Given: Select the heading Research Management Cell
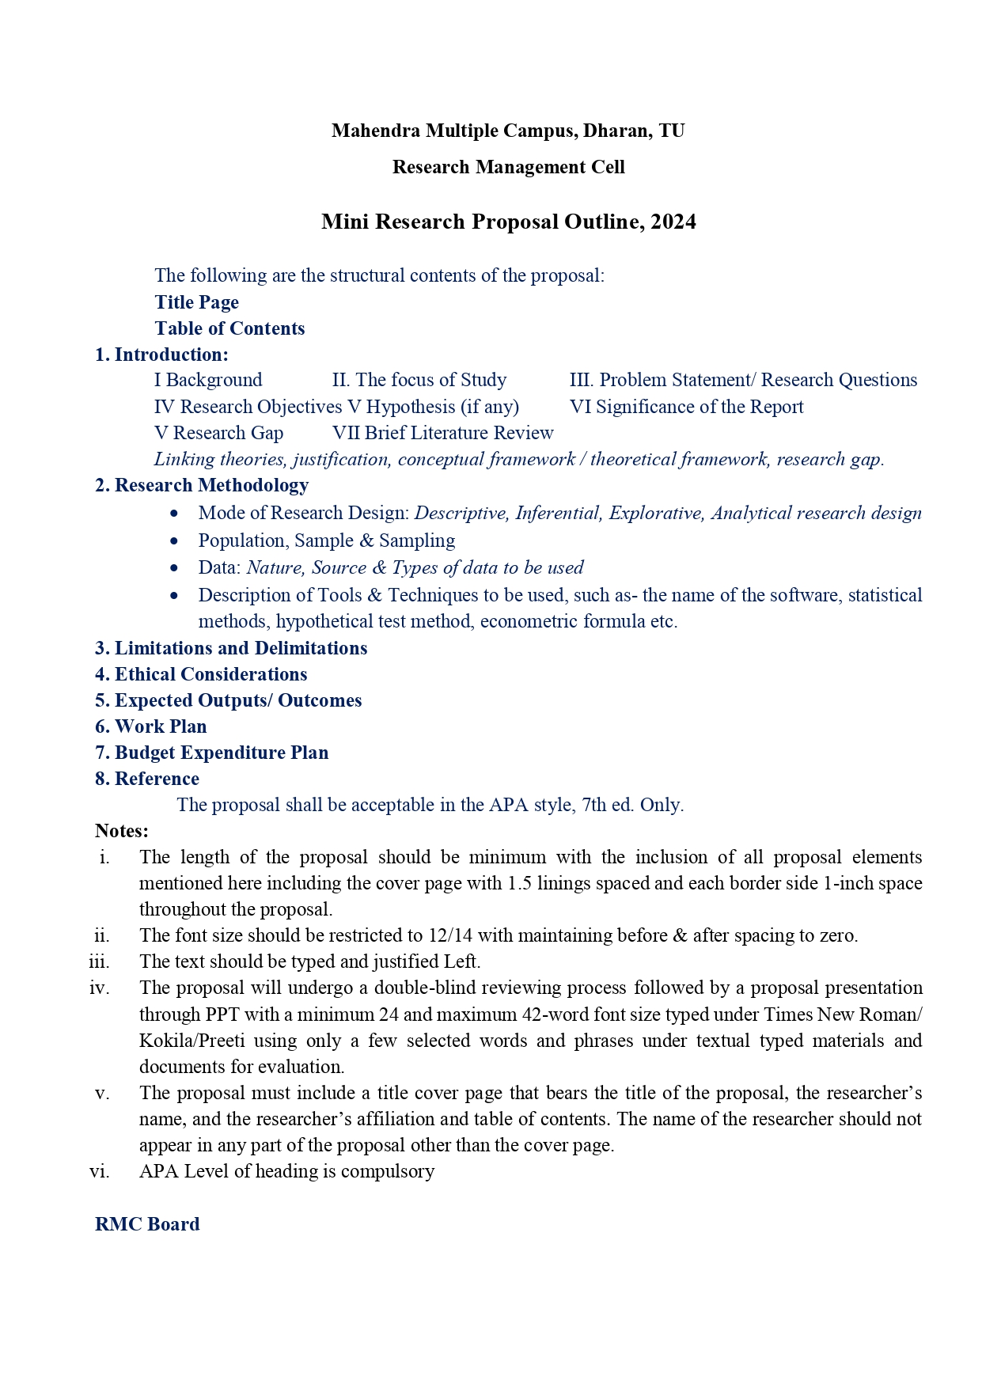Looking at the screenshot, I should tap(508, 167).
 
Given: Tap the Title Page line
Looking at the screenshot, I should tap(196, 302).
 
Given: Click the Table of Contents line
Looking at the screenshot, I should tap(229, 328).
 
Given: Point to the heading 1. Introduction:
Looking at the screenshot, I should tap(161, 355).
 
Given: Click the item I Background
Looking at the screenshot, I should tap(208, 380).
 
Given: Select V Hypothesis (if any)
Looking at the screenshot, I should tap(433, 407).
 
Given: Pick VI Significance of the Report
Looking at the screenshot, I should tap(686, 407).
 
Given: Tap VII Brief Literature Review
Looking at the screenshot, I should tap(442, 433).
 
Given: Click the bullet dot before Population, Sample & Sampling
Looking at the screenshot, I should tap(174, 541).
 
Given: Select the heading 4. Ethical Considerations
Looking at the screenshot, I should tap(201, 674).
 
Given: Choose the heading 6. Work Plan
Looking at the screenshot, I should tap(150, 726).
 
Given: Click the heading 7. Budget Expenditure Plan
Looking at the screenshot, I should tap(211, 753).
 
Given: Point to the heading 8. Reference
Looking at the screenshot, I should tap(147, 779).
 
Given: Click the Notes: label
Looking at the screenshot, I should tap(122, 831).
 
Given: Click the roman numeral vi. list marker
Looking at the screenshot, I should tap(100, 1171).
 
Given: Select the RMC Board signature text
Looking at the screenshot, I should tap(147, 1224).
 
